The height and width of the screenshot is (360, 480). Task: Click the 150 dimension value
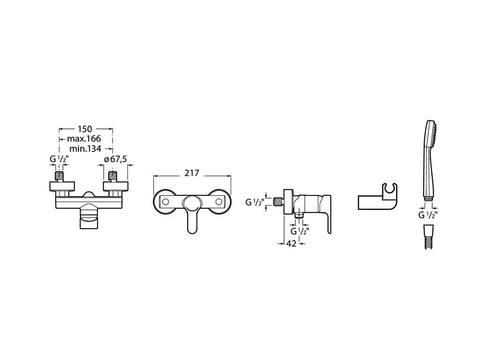[x=84, y=129]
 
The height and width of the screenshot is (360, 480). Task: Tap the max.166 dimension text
[x=84, y=139]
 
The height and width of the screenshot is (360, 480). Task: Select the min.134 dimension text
[x=85, y=149]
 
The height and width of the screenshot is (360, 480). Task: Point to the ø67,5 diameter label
[x=115, y=159]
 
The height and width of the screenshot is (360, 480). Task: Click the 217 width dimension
[x=192, y=173]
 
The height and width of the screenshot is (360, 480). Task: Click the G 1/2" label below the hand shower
[x=427, y=215]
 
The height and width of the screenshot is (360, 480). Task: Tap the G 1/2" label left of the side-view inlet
[x=255, y=202]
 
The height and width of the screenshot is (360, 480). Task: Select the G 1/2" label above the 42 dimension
[x=299, y=231]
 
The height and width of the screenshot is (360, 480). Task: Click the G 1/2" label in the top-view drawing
[x=59, y=159]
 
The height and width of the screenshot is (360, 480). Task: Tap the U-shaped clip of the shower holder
[x=390, y=191]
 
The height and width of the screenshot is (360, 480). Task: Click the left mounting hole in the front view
[x=165, y=202]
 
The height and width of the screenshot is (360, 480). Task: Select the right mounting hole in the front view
[x=218, y=202]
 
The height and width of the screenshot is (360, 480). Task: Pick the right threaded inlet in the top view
[x=113, y=177]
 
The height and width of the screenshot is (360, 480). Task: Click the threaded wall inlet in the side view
[x=278, y=202]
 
